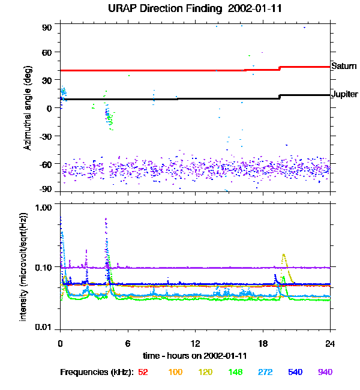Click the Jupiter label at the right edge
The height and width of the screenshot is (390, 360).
pos(345,94)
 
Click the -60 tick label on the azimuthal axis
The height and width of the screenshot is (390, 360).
pos(45,163)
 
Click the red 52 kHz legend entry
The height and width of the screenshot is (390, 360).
pos(143,372)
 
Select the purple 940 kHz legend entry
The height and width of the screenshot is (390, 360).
pos(325,372)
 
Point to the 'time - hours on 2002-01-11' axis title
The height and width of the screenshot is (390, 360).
pos(195,356)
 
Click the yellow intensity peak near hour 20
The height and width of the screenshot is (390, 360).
pos(284,256)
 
